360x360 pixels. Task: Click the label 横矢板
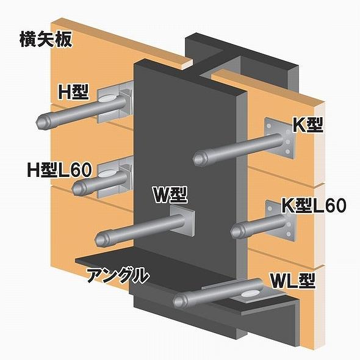[46, 40]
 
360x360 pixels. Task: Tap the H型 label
[73, 92]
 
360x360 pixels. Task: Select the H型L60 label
[59, 170]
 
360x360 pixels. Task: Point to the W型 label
[170, 195]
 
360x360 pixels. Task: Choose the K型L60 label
[314, 205]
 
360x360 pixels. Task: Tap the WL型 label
[292, 281]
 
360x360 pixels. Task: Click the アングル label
[117, 275]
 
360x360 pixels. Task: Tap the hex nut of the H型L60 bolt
[77, 189]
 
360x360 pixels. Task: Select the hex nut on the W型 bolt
[101, 239]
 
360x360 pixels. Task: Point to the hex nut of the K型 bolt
[199, 159]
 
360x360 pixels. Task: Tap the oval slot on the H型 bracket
[107, 99]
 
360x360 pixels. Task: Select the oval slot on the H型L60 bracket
[107, 174]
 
